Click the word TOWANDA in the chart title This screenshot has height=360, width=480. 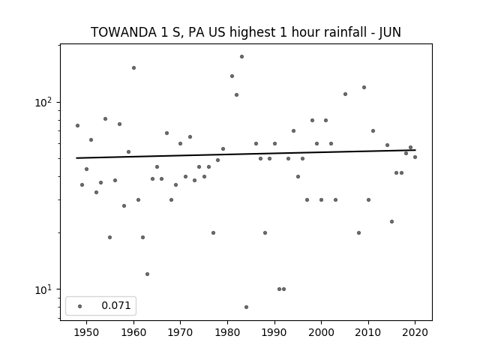123,32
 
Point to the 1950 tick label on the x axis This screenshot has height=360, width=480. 86,332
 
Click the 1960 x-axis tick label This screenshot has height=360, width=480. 133,332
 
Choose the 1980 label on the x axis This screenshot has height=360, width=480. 227,332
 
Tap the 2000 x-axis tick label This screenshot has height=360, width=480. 321,332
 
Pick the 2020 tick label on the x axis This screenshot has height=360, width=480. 415,332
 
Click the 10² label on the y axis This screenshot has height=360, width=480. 43,102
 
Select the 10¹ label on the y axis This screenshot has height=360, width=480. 43,289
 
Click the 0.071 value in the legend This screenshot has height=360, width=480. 116,305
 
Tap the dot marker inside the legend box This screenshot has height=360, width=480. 79,306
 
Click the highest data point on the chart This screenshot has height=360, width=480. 241,57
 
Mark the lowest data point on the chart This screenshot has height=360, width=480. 247,307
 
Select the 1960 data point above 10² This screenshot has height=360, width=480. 133,68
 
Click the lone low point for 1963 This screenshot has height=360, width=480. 147,274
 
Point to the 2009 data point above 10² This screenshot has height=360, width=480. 364,87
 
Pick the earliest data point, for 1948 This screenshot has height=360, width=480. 77,125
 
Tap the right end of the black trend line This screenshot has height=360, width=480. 415,150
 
